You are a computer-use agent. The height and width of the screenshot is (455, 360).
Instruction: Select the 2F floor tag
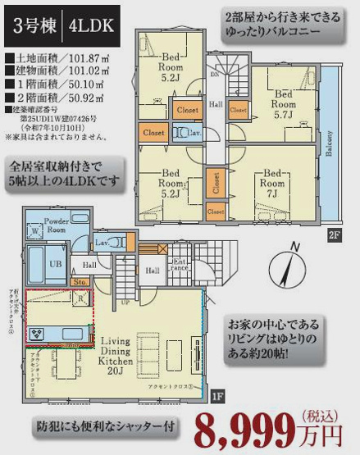(334, 235)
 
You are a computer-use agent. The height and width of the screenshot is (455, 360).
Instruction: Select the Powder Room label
(57, 225)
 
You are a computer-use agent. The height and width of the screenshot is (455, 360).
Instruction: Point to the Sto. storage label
(80, 282)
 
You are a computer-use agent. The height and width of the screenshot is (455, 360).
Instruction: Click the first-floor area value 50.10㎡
(49, 83)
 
